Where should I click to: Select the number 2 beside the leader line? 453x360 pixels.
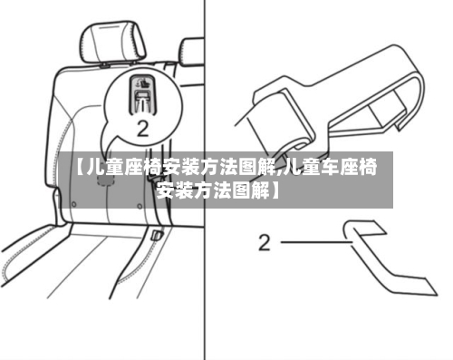(x=265, y=242)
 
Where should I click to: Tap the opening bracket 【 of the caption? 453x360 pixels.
(x=79, y=169)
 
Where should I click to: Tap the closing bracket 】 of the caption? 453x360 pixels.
(x=274, y=191)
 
